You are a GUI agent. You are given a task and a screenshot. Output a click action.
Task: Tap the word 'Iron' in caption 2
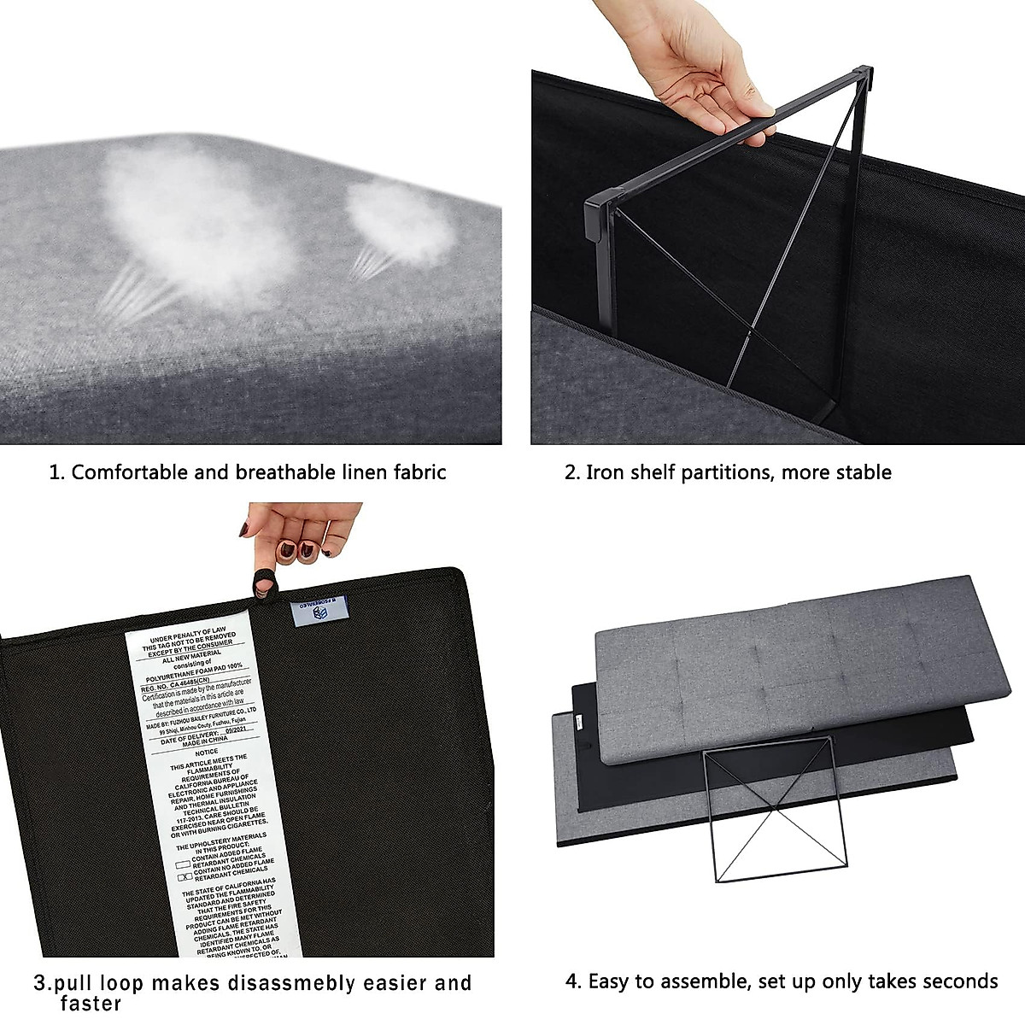click(605, 472)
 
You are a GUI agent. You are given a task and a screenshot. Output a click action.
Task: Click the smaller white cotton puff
click(401, 226)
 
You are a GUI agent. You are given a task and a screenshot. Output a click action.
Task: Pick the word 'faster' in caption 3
click(91, 1004)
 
